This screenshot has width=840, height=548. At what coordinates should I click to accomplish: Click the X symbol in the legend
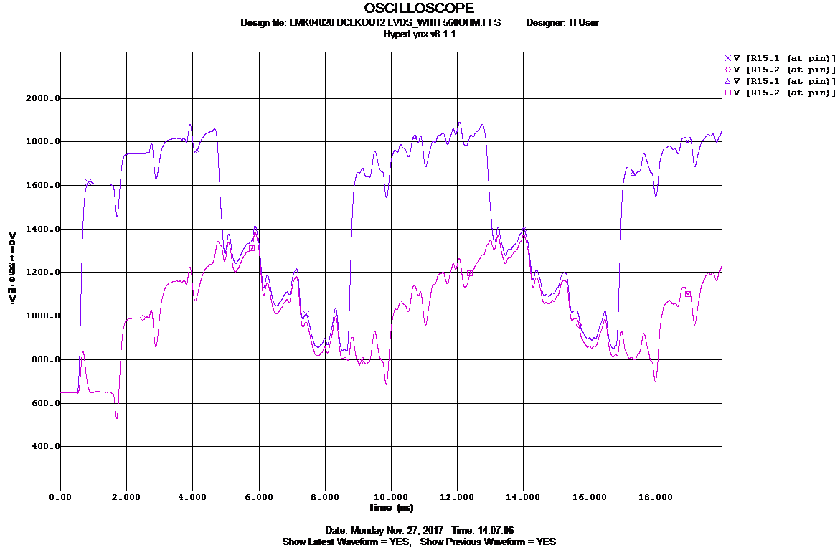tap(727, 58)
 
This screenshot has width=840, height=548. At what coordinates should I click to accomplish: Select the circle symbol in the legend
tap(727, 70)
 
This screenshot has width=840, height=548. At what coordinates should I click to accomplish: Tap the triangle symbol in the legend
tap(727, 81)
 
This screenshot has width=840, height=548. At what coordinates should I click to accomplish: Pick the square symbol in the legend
tap(727, 93)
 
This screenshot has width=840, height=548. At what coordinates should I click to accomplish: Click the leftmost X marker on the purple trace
tap(89, 182)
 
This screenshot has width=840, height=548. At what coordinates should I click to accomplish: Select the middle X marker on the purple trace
tap(306, 315)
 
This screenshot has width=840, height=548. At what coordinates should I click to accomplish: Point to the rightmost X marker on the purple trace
tap(524, 229)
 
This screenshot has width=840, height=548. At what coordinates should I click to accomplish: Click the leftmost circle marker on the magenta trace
tap(143, 317)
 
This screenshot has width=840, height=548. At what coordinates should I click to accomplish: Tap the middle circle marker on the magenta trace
tap(361, 360)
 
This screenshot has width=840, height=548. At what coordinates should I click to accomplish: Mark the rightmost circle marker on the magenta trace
tap(579, 324)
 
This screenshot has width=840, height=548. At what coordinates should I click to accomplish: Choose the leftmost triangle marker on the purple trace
tap(197, 151)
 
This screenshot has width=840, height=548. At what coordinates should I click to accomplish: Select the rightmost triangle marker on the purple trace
tap(633, 173)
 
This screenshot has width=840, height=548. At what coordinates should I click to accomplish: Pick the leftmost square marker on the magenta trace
tap(252, 248)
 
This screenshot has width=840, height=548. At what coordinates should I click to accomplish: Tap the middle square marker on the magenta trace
tap(470, 273)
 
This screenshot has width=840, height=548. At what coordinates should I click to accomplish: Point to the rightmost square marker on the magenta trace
tap(688, 294)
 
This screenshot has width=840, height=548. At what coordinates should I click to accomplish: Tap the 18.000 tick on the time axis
tap(656, 496)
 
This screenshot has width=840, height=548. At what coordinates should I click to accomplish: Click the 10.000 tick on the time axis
tap(391, 496)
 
